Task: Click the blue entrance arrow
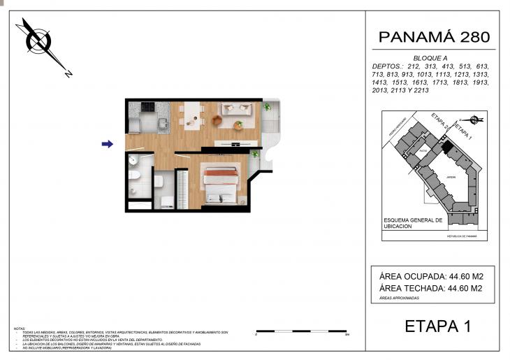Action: (107, 144)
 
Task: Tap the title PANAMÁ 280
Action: (434, 36)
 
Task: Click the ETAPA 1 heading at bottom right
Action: (438, 326)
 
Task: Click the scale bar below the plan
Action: (302, 331)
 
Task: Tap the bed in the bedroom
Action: (222, 184)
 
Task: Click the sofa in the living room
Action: (236, 109)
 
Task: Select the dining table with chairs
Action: (191, 114)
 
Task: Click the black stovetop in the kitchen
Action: (149, 107)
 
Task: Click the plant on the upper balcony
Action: (267, 107)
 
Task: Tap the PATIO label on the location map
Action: (423, 150)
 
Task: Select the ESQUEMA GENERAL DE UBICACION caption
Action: (413, 224)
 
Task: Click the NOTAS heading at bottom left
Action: (20, 328)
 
